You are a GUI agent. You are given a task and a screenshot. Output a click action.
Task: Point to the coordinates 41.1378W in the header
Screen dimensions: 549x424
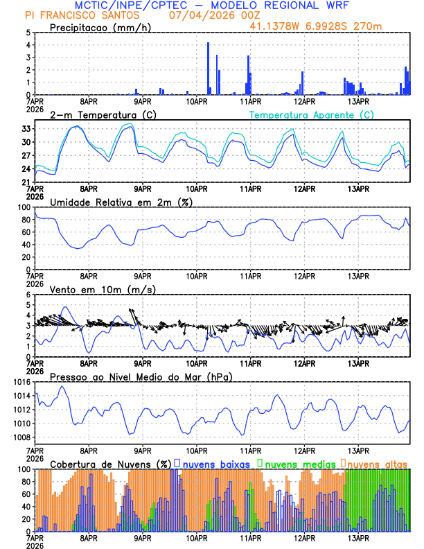276,26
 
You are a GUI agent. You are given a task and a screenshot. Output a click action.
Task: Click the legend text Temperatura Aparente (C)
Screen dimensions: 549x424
312,114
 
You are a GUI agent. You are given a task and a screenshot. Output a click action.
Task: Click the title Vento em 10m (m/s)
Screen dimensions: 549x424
103,289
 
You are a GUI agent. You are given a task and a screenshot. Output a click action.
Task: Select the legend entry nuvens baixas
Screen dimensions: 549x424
215,463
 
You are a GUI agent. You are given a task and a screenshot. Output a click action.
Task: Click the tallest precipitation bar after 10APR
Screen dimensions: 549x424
208,69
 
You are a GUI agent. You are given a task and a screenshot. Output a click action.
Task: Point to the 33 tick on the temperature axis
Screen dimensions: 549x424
26,129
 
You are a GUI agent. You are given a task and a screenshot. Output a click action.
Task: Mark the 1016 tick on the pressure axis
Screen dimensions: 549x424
21,382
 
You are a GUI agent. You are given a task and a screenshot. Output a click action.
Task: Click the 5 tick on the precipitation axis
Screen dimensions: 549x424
28,33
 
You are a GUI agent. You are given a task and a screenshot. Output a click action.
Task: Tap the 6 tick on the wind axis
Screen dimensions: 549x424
28,295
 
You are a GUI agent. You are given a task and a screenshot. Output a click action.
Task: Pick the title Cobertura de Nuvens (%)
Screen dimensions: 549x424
111,463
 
